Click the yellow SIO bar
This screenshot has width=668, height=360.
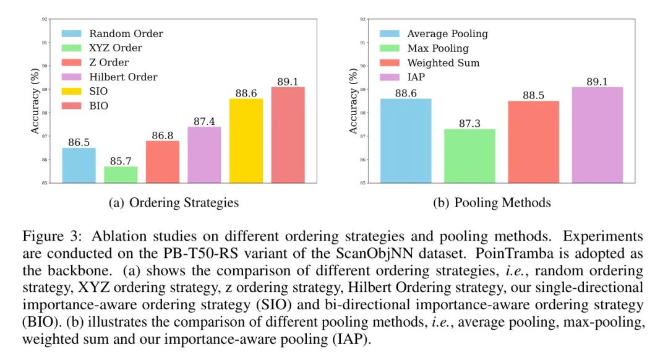pyautogui.click(x=246, y=141)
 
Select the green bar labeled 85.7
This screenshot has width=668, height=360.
pyautogui.click(x=121, y=174)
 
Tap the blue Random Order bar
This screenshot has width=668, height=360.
pyautogui.click(x=79, y=165)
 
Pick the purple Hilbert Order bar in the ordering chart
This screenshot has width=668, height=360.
pyautogui.click(x=204, y=155)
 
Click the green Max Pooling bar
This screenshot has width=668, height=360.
pyautogui.click(x=468, y=156)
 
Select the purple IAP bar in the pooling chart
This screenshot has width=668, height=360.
pyautogui.click(x=597, y=135)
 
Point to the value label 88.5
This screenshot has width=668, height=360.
pyautogui.click(x=533, y=95)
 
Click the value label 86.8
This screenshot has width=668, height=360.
pyautogui.click(x=162, y=135)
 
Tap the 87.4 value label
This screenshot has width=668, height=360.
pyautogui.click(x=204, y=121)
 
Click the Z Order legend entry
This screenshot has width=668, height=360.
pyautogui.click(x=109, y=62)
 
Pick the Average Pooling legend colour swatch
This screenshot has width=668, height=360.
pyautogui.click(x=389, y=33)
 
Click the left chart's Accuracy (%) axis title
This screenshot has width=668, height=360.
pyautogui.click(x=35, y=101)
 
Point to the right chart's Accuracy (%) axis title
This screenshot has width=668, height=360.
pyautogui.click(x=353, y=101)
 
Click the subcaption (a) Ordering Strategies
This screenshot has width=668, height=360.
pyautogui.click(x=174, y=203)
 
